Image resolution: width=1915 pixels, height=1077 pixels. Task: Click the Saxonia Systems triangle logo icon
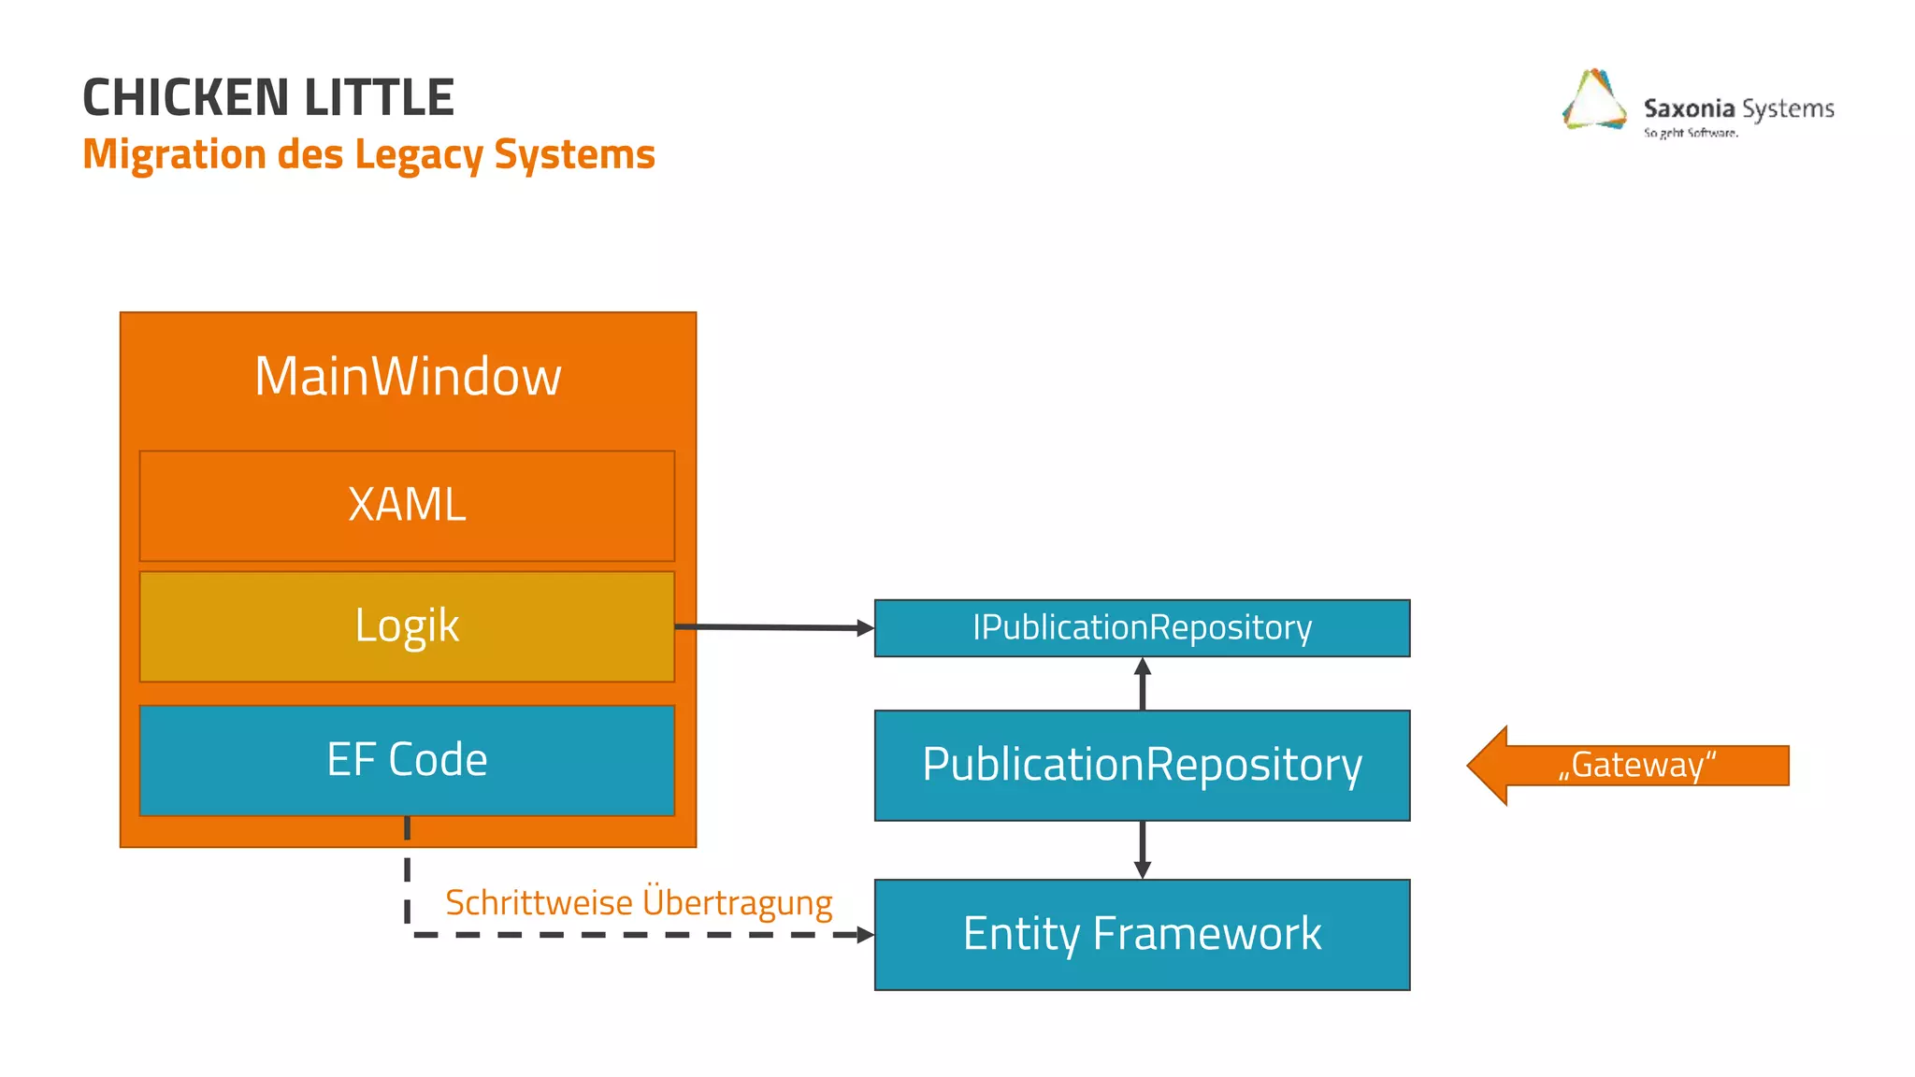[x=1594, y=101]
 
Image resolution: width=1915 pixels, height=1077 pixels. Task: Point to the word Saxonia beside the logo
[x=1689, y=108]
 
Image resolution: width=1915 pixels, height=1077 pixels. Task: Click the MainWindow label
[x=408, y=377]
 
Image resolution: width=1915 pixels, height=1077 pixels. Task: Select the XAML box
[x=407, y=506]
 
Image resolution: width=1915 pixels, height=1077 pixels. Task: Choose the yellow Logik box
[x=407, y=626]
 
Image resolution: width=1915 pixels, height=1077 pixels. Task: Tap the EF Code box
[x=407, y=760]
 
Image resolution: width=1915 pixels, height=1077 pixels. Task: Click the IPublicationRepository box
[x=1142, y=628]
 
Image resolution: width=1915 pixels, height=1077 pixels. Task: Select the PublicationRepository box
[x=1142, y=766]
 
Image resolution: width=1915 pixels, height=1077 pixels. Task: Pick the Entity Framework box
[x=1142, y=934]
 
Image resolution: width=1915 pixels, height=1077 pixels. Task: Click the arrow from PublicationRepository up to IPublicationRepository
[x=1142, y=683]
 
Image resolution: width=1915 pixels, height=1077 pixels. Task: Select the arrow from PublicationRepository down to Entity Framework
[x=1142, y=849]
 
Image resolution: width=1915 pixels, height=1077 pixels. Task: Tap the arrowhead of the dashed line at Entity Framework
[x=865, y=934]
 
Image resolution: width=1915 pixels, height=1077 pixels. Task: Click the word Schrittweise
[x=539, y=903]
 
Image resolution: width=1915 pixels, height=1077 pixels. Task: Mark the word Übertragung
[x=737, y=903]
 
